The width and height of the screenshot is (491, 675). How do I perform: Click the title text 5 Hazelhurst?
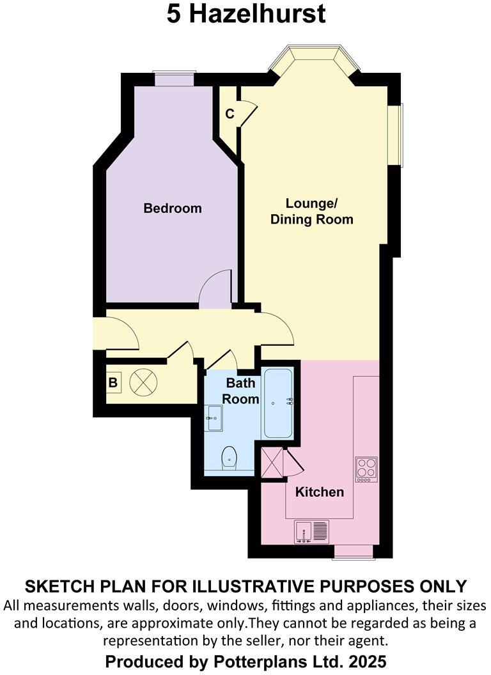tap(246, 14)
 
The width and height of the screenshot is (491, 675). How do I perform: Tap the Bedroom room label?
tap(172, 208)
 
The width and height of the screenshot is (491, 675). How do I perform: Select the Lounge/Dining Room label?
tap(311, 212)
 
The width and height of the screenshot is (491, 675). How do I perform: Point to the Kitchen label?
tap(319, 492)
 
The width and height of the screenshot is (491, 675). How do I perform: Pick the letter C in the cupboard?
tap(230, 114)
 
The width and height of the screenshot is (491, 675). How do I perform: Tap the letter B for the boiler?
tap(113, 384)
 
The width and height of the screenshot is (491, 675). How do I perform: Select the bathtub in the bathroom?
tap(278, 403)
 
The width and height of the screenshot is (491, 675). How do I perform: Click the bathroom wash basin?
tap(213, 419)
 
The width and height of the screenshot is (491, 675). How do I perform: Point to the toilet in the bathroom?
tap(228, 458)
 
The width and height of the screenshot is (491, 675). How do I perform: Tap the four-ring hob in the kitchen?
tap(366, 469)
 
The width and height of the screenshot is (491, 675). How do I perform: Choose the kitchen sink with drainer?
tap(311, 531)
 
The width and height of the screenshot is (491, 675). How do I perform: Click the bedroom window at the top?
tap(174, 78)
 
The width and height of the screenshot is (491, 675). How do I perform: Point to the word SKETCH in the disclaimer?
tap(55, 586)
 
